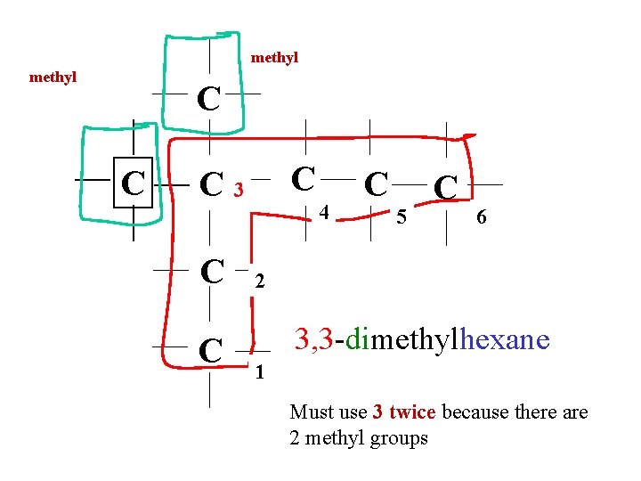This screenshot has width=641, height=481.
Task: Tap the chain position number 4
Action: (x=325, y=213)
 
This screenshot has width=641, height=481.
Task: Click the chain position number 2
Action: (x=259, y=282)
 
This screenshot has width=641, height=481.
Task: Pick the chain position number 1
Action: (x=259, y=371)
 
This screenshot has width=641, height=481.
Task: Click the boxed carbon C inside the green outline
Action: (x=134, y=183)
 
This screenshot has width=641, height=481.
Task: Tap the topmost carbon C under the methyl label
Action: (x=208, y=99)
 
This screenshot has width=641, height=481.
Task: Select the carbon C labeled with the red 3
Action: (x=211, y=184)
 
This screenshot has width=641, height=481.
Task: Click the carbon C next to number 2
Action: (x=211, y=270)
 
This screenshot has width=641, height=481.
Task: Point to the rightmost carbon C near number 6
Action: (x=445, y=186)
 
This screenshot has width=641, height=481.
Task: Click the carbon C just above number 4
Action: (x=304, y=177)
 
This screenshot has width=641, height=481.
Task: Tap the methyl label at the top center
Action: (x=274, y=58)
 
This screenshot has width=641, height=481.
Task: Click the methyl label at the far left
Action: (x=53, y=77)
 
